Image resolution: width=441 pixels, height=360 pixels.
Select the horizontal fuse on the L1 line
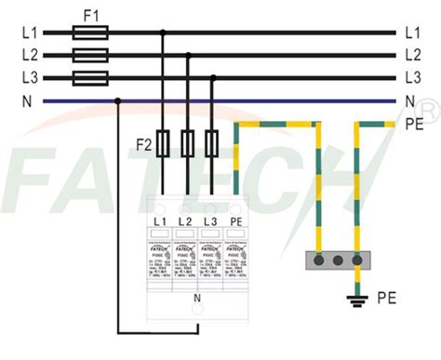click(90, 33)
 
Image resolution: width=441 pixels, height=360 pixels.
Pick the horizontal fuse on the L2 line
click(90, 55)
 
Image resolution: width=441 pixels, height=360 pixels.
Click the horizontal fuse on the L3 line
click(90, 77)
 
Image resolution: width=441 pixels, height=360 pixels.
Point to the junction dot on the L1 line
click(164, 33)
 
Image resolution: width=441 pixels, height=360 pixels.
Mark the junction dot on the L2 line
click(189, 55)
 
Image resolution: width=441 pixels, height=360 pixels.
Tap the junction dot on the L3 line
click(214, 77)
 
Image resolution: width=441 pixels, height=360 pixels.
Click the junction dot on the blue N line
click(116, 100)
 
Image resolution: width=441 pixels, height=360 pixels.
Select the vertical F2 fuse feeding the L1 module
click(164, 143)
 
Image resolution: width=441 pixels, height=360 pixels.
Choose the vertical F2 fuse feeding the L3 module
click(214, 143)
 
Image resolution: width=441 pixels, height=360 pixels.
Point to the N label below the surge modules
click(197, 298)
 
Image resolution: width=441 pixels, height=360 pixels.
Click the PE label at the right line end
click(415, 123)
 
